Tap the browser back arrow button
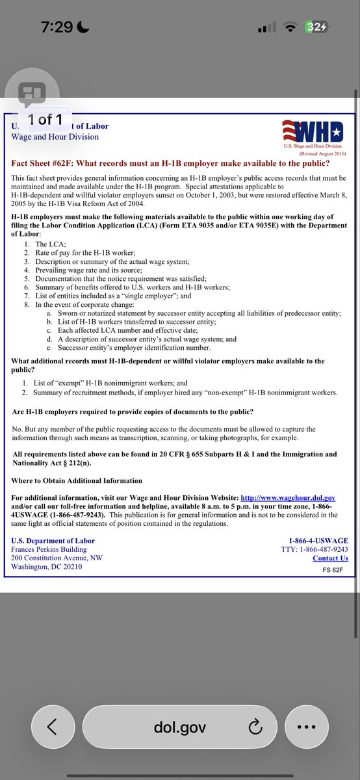point(52,709)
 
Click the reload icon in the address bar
point(255,709)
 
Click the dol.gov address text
point(180,709)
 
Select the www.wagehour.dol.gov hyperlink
point(288,497)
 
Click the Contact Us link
point(330,558)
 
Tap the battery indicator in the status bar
point(317,27)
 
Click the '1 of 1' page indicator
point(45,119)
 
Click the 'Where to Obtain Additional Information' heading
point(77,480)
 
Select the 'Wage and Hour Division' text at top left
point(55,136)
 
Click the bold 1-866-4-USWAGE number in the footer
point(318,541)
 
